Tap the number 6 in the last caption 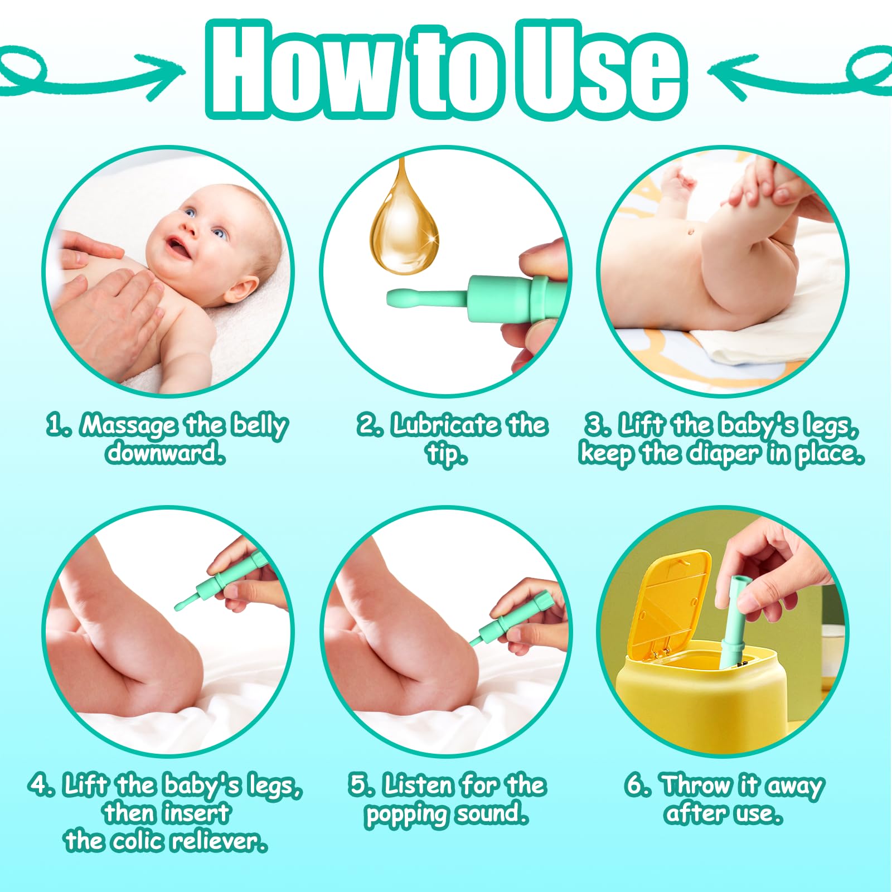point(636,785)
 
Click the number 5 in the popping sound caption point(360,785)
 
